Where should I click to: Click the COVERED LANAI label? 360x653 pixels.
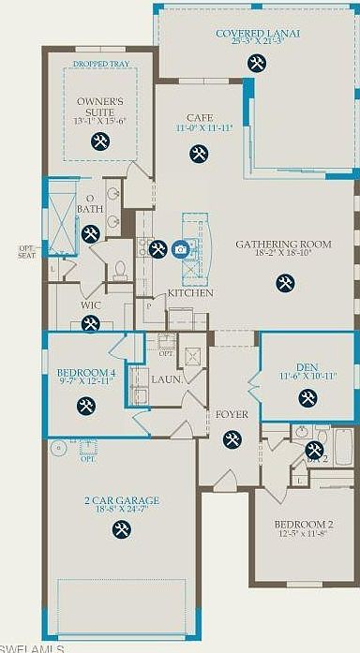point(258,33)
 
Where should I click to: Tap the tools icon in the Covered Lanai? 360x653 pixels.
point(256,63)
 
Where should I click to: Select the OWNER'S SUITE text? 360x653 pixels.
point(99,104)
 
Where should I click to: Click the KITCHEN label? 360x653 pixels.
point(190,293)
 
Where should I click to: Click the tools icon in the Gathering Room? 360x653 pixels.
point(284,280)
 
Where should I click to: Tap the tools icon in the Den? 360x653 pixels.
point(307,398)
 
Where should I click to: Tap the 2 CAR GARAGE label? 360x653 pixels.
point(121,501)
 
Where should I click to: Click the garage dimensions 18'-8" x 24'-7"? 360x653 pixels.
point(121,512)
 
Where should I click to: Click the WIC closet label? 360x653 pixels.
point(90,304)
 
